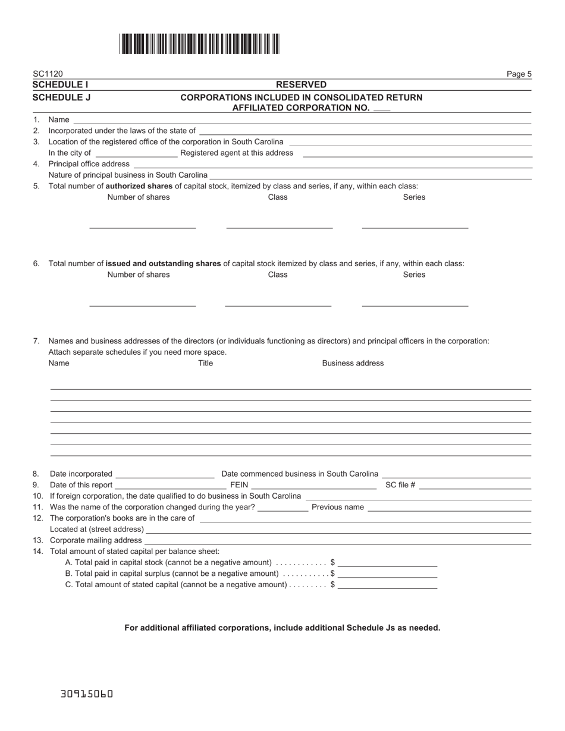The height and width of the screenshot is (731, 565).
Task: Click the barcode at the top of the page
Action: [199, 44]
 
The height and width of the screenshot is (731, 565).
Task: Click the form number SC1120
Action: [48, 74]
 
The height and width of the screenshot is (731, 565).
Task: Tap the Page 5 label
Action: [519, 74]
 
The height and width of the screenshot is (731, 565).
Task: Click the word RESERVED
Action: [301, 85]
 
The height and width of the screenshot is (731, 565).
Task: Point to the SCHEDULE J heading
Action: [61, 97]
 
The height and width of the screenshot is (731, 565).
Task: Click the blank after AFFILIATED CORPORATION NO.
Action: [382, 109]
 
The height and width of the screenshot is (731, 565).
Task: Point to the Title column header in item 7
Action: [205, 363]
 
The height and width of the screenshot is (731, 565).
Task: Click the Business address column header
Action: [353, 363]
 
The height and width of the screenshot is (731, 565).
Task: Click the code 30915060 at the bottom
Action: [87, 694]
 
